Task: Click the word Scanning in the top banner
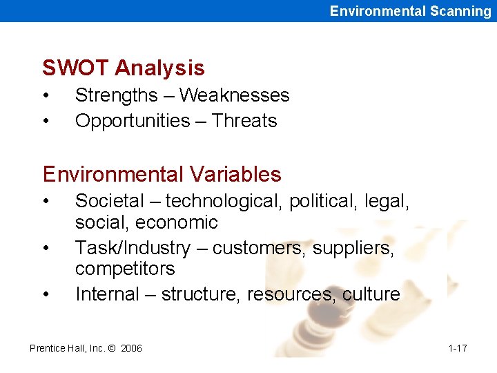(x=458, y=10)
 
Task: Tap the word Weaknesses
(x=234, y=95)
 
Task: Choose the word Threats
(x=244, y=121)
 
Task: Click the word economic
(x=177, y=222)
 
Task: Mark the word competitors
(x=125, y=269)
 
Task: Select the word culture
(x=371, y=294)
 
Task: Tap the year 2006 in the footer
(x=131, y=348)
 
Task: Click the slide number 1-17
(x=457, y=348)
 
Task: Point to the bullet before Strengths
(x=46, y=96)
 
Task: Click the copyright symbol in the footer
(x=111, y=348)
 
